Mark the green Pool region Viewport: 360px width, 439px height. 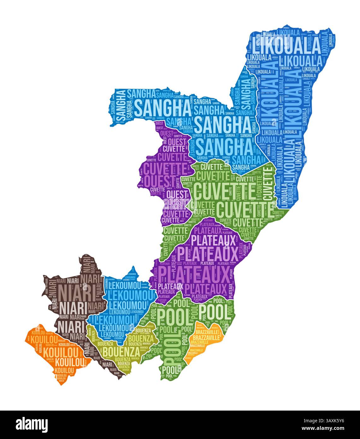coord(189,316)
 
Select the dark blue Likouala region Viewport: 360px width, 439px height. coord(284,95)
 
